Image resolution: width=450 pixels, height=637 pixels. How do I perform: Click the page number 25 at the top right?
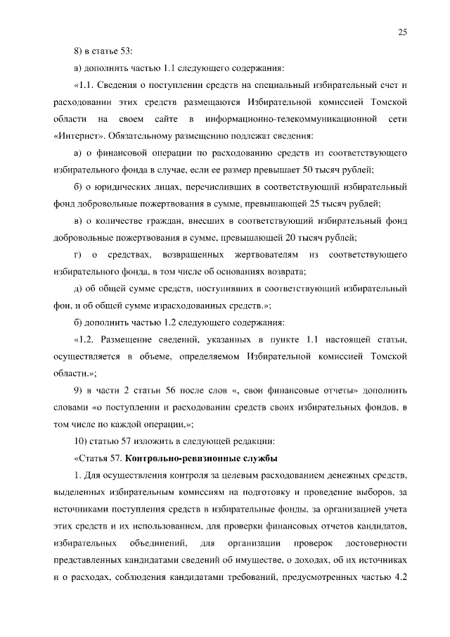[x=402, y=31]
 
